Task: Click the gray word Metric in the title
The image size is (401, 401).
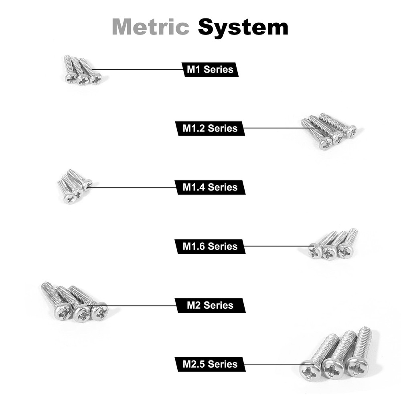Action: (151, 26)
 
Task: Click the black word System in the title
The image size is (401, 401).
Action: (243, 28)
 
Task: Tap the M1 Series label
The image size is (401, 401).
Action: (210, 69)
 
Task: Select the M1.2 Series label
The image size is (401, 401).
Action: (210, 128)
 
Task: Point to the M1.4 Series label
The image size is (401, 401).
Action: (210, 187)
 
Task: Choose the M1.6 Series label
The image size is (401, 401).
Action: (210, 246)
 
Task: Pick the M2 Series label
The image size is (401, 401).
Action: (210, 305)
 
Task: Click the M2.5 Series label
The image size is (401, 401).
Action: (210, 364)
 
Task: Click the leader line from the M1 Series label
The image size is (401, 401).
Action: (137, 69)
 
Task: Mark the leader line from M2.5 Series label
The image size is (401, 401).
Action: (279, 364)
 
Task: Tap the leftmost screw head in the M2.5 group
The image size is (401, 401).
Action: (310, 370)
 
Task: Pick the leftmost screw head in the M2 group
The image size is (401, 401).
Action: (63, 311)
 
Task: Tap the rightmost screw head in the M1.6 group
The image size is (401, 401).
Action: (346, 251)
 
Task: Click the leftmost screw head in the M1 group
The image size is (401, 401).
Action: (71, 78)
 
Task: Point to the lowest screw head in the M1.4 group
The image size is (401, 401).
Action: (69, 198)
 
